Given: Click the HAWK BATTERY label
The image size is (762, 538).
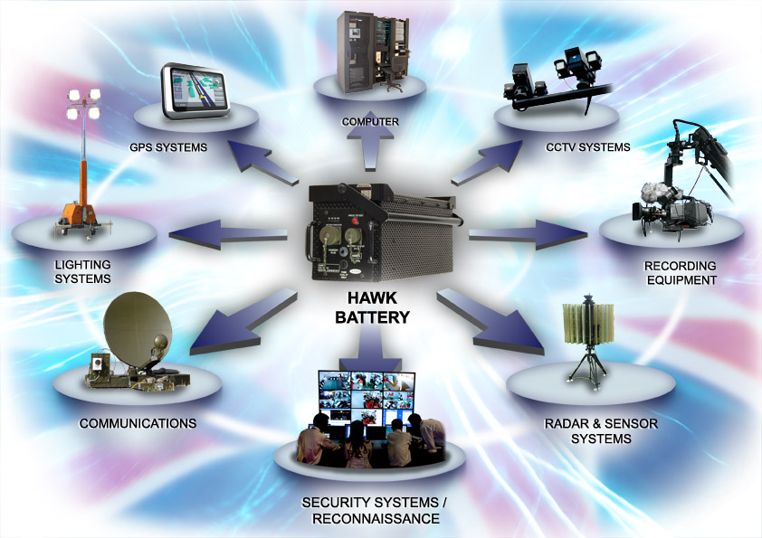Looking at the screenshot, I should click(373, 309).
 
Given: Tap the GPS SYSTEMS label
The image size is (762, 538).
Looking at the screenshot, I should click(167, 146).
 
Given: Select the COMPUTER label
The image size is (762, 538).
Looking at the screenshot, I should click(370, 121).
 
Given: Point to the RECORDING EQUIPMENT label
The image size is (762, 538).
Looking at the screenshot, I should click(681, 272).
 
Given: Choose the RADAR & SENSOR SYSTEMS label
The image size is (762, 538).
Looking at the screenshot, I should click(588, 431).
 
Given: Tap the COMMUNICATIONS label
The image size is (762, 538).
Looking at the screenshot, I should click(138, 422).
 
